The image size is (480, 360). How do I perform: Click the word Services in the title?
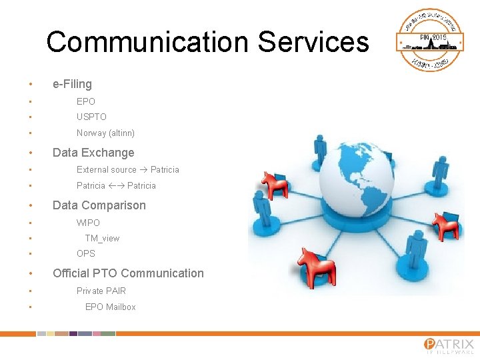[x=313, y=42]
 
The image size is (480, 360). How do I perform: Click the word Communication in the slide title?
[x=147, y=42]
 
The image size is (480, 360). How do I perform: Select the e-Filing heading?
[x=72, y=84]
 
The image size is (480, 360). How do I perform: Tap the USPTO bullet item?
[x=91, y=117]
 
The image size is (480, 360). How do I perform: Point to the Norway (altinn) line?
[x=105, y=133]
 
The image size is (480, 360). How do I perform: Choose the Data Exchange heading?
[x=93, y=153]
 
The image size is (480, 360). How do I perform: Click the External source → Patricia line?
[x=127, y=169]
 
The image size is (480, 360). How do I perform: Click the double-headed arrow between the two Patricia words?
[x=116, y=185]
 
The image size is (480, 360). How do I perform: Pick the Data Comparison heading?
[x=99, y=205]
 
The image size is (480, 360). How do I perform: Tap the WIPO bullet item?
[x=88, y=223]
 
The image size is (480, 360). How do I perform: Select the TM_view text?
[x=102, y=238]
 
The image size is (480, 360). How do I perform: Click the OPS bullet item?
[x=86, y=253]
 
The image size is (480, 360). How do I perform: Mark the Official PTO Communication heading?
[x=128, y=273]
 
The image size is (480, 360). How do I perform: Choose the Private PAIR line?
[x=101, y=291]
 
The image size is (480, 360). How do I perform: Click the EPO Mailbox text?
[x=110, y=307]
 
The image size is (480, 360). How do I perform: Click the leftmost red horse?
[x=273, y=185]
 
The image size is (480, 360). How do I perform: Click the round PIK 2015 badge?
[x=430, y=40]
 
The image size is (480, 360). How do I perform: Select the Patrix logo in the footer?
[x=449, y=345]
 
